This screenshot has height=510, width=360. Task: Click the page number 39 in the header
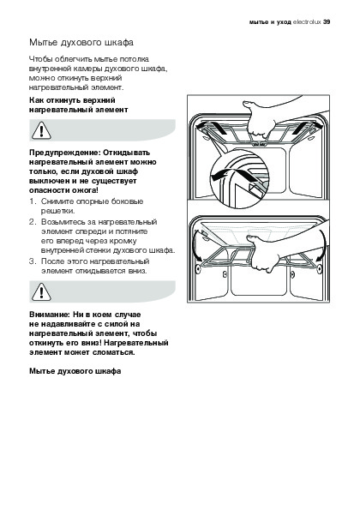[327, 22]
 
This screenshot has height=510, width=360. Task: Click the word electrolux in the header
[307, 22]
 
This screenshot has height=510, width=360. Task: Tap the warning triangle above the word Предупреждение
[41, 130]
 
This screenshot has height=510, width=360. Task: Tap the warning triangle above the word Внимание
[41, 291]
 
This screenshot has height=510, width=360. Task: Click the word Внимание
[50, 315]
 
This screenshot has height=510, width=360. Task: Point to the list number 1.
[32, 201]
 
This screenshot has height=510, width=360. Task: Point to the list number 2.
[32, 222]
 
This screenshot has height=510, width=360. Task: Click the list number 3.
[32, 261]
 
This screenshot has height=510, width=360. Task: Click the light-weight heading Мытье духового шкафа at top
[81, 43]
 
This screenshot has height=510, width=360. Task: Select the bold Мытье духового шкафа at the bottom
[75, 371]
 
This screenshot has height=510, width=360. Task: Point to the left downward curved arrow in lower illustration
[196, 244]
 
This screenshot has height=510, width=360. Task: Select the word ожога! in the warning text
[86, 190]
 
